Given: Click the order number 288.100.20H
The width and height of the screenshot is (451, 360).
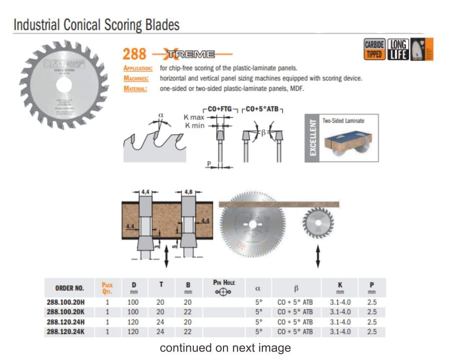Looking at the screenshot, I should [66, 302].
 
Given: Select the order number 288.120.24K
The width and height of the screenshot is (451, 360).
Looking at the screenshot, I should [66, 332].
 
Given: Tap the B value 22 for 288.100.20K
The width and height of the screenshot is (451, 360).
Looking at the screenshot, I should [188, 312].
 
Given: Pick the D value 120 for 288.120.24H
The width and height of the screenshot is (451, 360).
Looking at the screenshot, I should [133, 322].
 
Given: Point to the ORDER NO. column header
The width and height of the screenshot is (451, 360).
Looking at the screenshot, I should [69, 288].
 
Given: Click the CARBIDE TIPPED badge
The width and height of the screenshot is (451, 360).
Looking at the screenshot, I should [375, 49].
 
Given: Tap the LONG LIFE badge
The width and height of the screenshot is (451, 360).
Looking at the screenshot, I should [398, 49].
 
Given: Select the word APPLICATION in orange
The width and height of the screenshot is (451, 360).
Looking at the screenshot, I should [138, 68].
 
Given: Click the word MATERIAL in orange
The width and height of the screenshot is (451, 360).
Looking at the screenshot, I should [135, 89].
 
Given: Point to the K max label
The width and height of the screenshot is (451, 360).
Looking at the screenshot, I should [194, 117].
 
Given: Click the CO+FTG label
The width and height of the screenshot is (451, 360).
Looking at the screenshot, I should [220, 109].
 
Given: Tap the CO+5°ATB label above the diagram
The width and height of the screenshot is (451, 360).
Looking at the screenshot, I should [262, 109].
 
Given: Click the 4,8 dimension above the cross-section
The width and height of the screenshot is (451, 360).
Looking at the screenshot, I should [188, 192].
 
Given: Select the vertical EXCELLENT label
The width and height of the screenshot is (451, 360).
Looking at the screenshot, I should [313, 138].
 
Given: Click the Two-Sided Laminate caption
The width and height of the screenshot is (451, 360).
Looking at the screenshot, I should [343, 121].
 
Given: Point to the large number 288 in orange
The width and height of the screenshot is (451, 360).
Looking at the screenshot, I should [134, 54].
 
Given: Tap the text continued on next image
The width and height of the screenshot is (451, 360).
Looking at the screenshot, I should [225, 348].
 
